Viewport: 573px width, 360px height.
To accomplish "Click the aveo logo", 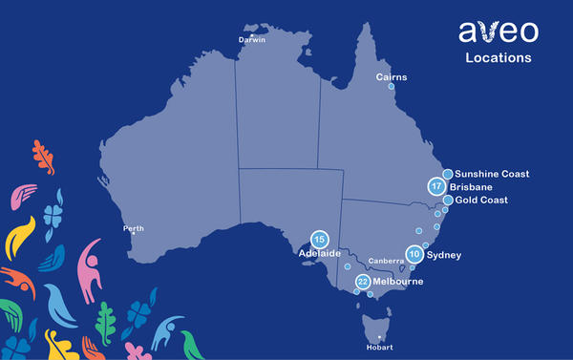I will point(498,32).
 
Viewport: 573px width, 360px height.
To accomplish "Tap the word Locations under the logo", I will point(498,58).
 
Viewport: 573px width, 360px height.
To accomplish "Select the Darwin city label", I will point(252,41).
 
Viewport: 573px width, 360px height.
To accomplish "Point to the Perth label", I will point(134,228).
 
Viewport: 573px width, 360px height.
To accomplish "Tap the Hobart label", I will point(380,348).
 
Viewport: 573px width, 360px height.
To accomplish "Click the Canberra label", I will point(386,260).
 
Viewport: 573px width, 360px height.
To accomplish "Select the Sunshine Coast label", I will point(491,174).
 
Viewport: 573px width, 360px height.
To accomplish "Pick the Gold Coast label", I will point(483,201).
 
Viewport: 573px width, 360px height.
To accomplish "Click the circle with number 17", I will point(437,187).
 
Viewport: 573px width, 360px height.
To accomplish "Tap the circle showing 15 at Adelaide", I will point(320,240).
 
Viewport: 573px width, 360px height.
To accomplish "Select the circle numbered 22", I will point(363,282).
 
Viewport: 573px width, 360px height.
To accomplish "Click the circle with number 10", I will point(414,254).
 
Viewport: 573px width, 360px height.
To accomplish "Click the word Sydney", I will point(444,255).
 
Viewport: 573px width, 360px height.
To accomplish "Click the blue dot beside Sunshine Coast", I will point(447,174).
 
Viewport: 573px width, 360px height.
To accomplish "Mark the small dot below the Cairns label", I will point(391,86).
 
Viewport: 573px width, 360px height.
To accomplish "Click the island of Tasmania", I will point(374,327).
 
